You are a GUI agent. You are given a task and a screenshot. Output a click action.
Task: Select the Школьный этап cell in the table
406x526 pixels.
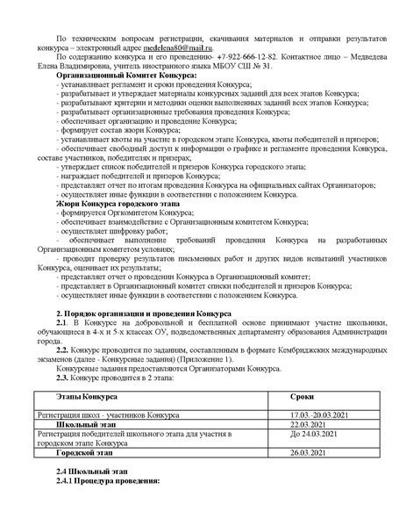[86, 424]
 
